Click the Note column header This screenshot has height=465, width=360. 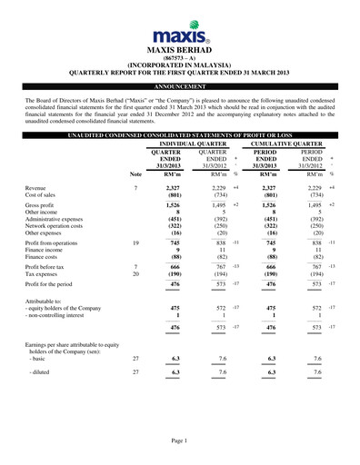click(x=135, y=173)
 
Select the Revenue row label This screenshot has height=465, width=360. click(x=40, y=186)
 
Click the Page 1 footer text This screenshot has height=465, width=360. click(x=179, y=440)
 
